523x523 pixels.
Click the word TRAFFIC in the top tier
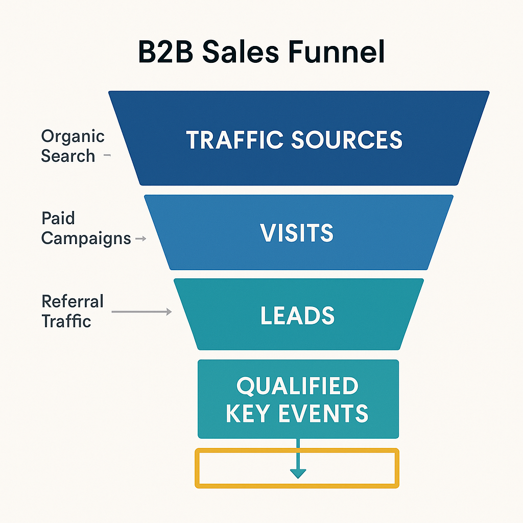(x=233, y=140)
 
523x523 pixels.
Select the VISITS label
(x=297, y=233)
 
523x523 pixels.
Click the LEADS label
(x=297, y=316)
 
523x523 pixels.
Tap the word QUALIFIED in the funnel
(x=297, y=387)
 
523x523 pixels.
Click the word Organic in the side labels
(x=73, y=136)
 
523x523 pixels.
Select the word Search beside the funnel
(x=68, y=156)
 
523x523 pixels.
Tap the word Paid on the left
(x=58, y=219)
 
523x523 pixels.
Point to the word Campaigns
(x=86, y=238)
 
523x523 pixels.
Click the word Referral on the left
(x=73, y=301)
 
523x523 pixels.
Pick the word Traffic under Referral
(x=66, y=321)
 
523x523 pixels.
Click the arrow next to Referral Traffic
(x=141, y=312)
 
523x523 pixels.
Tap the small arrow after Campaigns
(x=141, y=239)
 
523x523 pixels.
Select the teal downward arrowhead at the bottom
(x=298, y=473)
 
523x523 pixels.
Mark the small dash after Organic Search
(x=107, y=156)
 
